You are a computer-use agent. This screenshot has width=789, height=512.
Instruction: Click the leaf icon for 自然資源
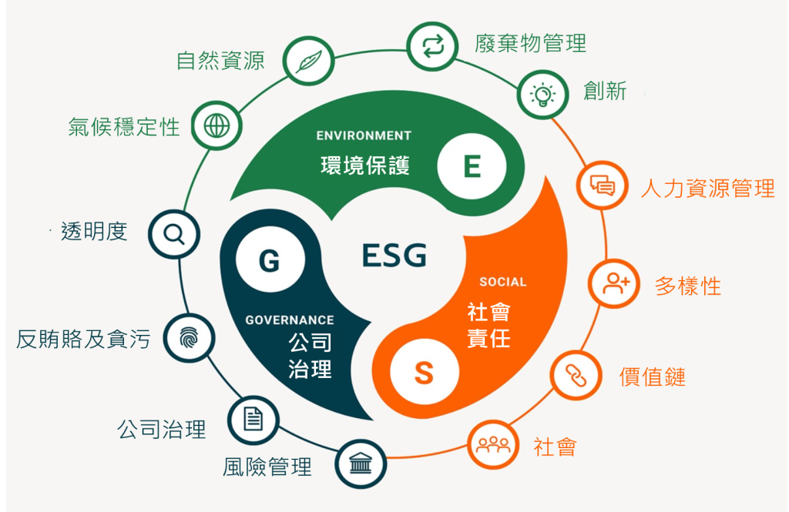pos(309,61)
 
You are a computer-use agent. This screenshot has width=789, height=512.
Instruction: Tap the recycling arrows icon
pos(433,46)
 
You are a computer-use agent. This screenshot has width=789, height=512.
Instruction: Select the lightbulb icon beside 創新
pos(542,95)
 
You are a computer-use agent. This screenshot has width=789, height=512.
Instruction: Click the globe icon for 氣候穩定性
pos(217,125)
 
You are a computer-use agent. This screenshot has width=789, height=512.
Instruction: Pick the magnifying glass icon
pos(174,234)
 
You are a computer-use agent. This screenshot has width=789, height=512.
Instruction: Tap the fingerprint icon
pos(190,338)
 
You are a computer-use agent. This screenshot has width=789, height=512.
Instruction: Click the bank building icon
pos(361,463)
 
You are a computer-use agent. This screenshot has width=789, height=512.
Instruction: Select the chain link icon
pos(576,376)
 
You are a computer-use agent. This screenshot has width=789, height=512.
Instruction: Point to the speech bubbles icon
pos(603,185)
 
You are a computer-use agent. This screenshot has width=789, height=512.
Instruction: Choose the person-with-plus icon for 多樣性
pos(615,283)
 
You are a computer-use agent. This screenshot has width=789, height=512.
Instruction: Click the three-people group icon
pos(493,444)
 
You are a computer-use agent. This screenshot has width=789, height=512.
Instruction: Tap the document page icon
pos(253,420)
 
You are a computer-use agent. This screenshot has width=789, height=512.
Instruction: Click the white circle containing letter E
pos(472,166)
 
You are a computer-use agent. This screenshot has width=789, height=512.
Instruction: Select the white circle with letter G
pos(270,259)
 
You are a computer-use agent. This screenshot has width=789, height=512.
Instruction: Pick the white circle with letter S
pos(425,373)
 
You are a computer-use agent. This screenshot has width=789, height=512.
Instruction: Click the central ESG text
pos(394,255)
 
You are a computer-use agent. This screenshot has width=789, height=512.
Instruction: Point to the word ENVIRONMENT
pos(364,136)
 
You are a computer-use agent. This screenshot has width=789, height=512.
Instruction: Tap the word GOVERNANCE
pos(290,320)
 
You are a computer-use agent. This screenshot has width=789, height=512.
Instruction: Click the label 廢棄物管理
pos(530,43)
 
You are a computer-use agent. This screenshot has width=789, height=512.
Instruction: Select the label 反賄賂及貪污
pos(83,339)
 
